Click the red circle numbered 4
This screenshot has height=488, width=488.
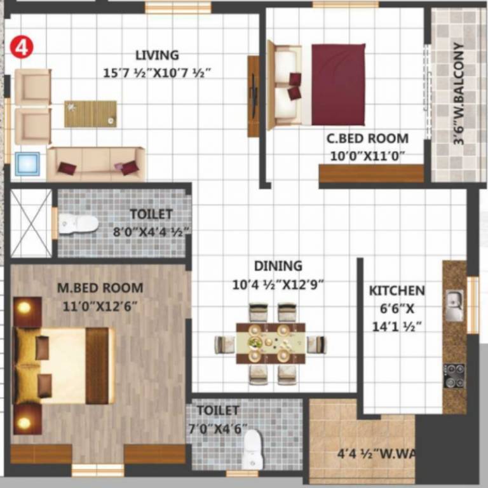pyautogui.click(x=21, y=48)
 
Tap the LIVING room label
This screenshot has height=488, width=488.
pyautogui.click(x=157, y=56)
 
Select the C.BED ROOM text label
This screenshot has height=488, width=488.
pyautogui.click(x=367, y=139)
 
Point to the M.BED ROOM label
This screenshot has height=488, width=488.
pyautogui.click(x=100, y=288)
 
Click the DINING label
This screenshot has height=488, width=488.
pyautogui.click(x=278, y=266)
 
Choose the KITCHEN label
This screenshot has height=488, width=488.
pyautogui.click(x=397, y=291)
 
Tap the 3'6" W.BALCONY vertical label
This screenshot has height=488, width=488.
pyautogui.click(x=459, y=94)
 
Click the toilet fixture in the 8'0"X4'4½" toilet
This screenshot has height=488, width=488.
pyautogui.click(x=78, y=223)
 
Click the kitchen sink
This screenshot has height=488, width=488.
pyautogui.click(x=454, y=305)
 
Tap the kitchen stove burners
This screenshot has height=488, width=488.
pyautogui.click(x=454, y=376)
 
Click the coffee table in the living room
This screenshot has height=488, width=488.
pyautogui.click(x=90, y=114)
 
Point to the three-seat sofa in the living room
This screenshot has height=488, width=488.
pyautogui.click(x=96, y=165)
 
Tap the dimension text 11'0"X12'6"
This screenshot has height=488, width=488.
pyautogui.click(x=100, y=306)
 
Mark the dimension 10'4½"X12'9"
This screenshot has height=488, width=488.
pyautogui.click(x=278, y=285)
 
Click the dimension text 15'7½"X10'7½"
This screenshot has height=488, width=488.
pyautogui.click(x=157, y=74)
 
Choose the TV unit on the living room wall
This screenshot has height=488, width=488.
pyautogui.click(x=254, y=96)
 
